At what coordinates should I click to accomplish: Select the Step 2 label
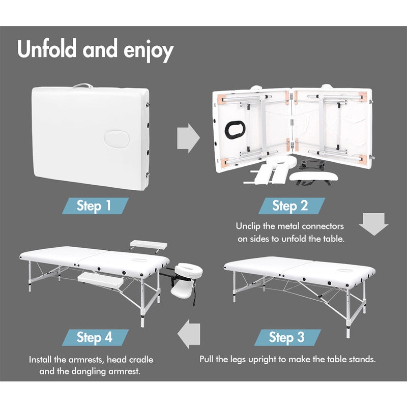pyautogui.click(x=290, y=206)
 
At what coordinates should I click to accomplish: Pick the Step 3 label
pyautogui.click(x=286, y=337)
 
